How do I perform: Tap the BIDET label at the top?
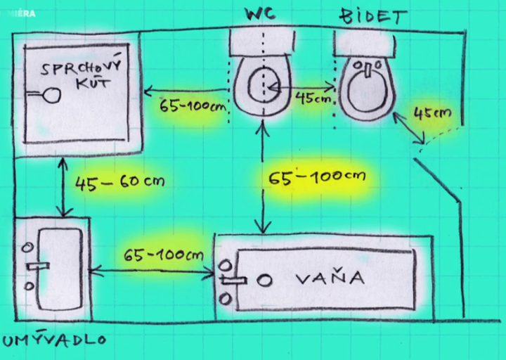pos(372,15)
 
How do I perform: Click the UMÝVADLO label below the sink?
pos(54,342)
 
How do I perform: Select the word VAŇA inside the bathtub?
pos(330,278)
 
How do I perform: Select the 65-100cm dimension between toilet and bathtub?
pos(317,176)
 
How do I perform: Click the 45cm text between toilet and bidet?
pos(313,98)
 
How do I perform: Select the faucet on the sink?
pos(38,266)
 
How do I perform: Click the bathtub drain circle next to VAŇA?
pos(265,281)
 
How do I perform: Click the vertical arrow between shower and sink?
pos(65,186)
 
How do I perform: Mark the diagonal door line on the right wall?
pos(439,180)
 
